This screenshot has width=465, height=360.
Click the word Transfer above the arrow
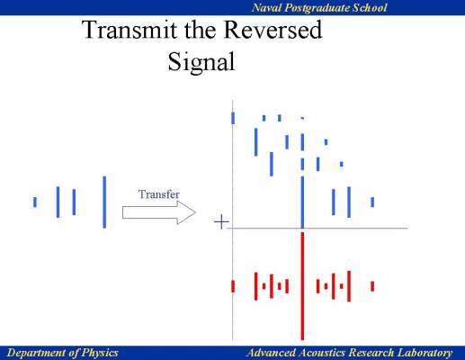159,194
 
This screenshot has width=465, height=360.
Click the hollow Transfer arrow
159,212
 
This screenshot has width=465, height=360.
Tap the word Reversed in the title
273,30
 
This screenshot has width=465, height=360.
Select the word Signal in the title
201,62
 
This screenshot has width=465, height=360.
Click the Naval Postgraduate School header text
319,7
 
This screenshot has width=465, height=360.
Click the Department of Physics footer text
62,353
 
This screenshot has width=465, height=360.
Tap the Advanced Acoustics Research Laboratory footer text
349,353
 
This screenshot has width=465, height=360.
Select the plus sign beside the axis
221,222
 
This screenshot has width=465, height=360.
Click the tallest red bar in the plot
302,286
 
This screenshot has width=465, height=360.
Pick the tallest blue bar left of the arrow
104,202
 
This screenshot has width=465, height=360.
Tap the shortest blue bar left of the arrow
35,202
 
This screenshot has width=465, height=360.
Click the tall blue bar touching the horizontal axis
302,202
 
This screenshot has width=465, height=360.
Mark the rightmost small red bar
372,286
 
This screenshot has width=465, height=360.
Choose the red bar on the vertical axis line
233,286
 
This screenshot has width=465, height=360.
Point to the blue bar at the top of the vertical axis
233,118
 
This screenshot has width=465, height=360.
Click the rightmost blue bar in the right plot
372,202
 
